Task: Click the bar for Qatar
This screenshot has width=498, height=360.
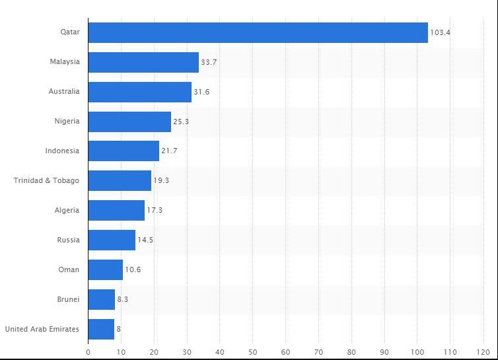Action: [x=258, y=32]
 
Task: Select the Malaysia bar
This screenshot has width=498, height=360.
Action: [x=143, y=62]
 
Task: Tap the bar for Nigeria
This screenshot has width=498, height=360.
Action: [x=129, y=122]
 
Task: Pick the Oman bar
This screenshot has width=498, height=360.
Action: [x=106, y=270]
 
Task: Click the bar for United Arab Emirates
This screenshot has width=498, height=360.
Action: [x=101, y=329]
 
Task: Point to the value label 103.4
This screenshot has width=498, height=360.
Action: [x=440, y=32]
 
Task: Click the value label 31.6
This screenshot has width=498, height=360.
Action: [x=201, y=92]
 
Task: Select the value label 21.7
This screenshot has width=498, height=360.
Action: [x=169, y=151]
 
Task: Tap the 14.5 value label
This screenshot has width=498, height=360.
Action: [x=145, y=240]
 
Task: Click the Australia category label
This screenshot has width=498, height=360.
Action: [x=64, y=92]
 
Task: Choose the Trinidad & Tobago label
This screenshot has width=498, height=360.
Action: [x=46, y=180]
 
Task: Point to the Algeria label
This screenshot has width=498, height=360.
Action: [x=67, y=210]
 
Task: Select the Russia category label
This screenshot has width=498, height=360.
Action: [x=68, y=240]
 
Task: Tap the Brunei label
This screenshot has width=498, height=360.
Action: [x=68, y=299]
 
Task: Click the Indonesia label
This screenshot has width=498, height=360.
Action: [x=62, y=151]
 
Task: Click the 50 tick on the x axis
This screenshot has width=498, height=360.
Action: [x=253, y=351]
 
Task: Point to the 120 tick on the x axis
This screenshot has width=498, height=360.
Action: [x=483, y=351]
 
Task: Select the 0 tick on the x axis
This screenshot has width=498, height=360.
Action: [x=89, y=351]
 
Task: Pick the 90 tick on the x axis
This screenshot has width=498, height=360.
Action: [x=384, y=351]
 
